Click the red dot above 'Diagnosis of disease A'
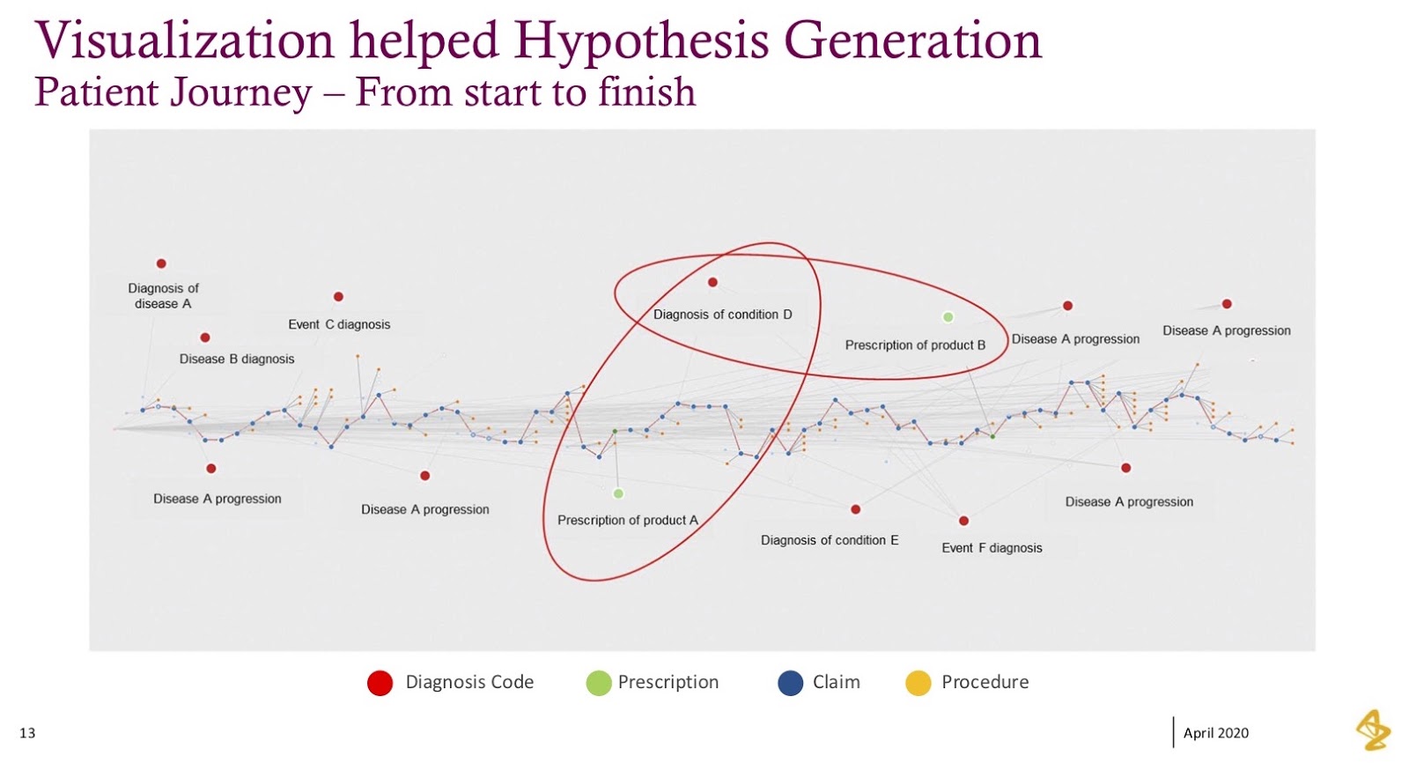(x=161, y=263)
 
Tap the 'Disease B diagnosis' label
(x=237, y=359)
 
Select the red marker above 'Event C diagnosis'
(x=338, y=296)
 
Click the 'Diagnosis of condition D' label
(x=723, y=315)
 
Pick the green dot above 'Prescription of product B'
(x=948, y=317)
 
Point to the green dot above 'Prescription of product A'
(x=618, y=493)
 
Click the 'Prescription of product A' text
(x=628, y=521)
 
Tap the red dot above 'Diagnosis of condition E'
(x=855, y=509)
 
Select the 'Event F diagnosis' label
(x=992, y=548)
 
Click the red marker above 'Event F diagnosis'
(x=963, y=521)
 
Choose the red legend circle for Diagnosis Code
(x=380, y=683)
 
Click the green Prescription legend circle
(x=599, y=683)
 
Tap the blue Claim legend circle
(x=791, y=683)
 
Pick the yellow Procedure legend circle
(x=918, y=683)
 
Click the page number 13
(x=27, y=733)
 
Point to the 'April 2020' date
(x=1216, y=733)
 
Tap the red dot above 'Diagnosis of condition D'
(x=712, y=283)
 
